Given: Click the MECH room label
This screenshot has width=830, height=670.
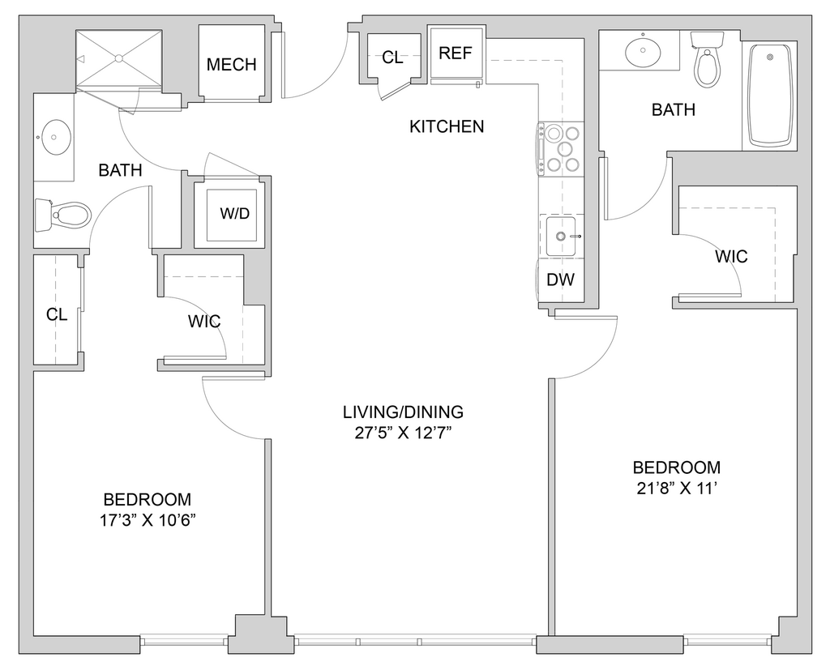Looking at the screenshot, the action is coord(231,65).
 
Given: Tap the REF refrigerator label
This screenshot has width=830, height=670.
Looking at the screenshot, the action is coord(456,53).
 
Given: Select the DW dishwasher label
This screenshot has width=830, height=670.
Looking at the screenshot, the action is coord(561,280).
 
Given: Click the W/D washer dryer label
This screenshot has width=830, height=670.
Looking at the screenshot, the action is coord(235,213).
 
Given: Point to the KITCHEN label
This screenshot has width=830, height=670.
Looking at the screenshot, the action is coord(447,126).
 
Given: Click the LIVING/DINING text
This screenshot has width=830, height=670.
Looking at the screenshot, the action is coord(404,412).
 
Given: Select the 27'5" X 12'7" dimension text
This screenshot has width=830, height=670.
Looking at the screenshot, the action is coord(403,433).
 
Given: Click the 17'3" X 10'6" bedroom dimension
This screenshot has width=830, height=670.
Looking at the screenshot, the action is coord(148,521).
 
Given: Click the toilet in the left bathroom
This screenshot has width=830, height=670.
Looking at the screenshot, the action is coord(63,216).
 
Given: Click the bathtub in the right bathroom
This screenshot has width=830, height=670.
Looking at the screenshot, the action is coord(770,96).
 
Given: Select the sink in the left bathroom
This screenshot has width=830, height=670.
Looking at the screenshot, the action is coord(54,137).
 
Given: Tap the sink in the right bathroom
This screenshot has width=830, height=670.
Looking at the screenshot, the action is coord(643,51).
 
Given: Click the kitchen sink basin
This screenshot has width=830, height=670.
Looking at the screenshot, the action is coord(561,236).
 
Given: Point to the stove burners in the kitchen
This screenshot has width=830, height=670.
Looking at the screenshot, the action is coord(563,149).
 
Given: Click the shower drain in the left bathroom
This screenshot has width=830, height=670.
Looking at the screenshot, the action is coord(119,58).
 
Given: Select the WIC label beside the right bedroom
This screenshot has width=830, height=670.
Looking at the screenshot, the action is coord(732,257).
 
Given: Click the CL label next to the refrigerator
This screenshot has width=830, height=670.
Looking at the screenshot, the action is coord(392,58).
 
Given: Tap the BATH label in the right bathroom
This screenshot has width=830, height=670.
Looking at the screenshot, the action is coord(674,109).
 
